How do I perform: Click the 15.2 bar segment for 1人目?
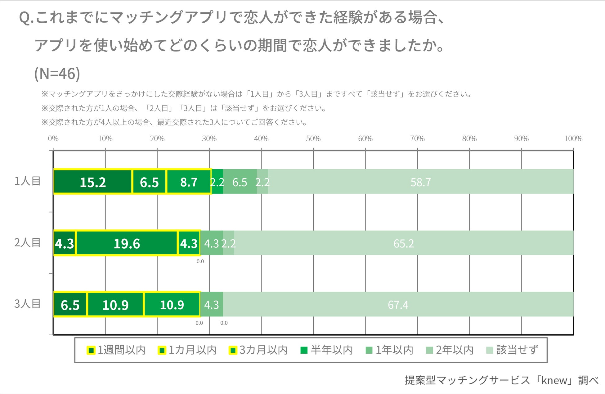93,182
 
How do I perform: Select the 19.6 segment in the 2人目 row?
127,243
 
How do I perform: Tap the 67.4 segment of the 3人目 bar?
398,305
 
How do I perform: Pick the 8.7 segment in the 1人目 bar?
189,182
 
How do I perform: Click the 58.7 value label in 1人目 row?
420,182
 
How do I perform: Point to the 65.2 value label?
403,243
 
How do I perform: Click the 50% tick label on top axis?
313,139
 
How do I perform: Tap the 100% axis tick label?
573,139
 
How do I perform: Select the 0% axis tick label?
53,139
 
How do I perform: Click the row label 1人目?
27,181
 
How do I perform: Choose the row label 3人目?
27,304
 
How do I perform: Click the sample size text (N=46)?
57,74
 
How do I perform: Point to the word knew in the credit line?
554,380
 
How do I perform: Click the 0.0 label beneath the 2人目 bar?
200,261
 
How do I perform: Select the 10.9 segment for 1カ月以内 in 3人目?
115,305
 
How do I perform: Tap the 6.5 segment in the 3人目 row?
70,305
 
